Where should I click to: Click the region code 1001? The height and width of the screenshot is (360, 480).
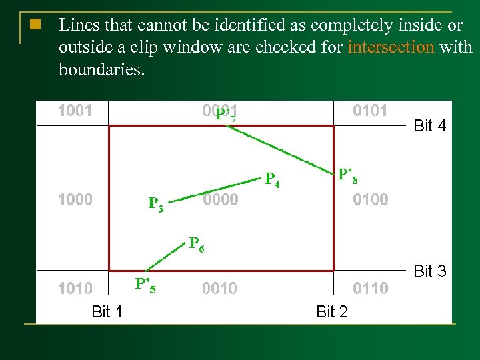tap(75, 111)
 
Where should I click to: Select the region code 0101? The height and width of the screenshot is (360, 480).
tap(370, 111)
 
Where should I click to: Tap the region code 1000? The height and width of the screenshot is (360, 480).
tap(75, 199)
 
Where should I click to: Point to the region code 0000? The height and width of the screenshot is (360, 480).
tap(220, 200)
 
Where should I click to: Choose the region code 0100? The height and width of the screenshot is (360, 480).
tap(370, 199)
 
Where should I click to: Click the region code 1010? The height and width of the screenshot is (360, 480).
tap(75, 289)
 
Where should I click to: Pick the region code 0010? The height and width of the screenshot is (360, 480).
tap(219, 289)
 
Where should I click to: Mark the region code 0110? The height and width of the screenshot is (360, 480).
tap(370, 289)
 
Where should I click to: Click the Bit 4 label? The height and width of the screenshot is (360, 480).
tap(430, 125)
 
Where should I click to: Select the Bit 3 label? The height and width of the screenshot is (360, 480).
tap(430, 271)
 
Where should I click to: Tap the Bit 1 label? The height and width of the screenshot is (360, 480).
tap(107, 311)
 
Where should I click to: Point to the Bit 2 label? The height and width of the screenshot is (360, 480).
tap(331, 311)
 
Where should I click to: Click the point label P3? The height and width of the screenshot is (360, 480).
tap(156, 203)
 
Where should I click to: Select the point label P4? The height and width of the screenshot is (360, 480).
tap(272, 179)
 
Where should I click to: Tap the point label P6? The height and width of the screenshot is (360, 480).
tap(197, 244)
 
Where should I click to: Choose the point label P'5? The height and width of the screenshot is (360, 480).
tap(145, 285)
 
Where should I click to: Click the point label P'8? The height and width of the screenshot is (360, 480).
tap(349, 176)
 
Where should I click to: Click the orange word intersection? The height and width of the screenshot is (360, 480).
tap(391, 47)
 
